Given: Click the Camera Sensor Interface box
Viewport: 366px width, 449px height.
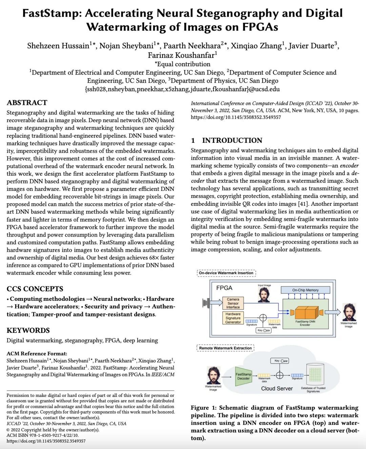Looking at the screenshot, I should pyautogui.click(x=233, y=303).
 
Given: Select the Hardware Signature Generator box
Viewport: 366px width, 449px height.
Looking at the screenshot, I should pyautogui.click(x=233, y=318).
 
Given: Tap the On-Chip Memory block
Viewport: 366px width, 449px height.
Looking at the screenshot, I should pyautogui.click(x=305, y=290).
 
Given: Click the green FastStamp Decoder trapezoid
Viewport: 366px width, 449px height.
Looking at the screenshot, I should pyautogui.click(x=243, y=376).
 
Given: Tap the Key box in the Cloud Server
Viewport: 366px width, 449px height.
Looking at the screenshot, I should pyautogui.click(x=280, y=361).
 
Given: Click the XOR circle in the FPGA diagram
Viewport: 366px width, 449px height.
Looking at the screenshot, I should pyautogui.click(x=263, y=318).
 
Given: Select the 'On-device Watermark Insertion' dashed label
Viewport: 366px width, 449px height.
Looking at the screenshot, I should pyautogui.click(x=226, y=273).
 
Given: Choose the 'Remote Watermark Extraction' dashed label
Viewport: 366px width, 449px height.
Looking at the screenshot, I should pyautogui.click(x=225, y=348).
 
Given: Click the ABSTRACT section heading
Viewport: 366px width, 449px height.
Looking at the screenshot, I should pyautogui.click(x=27, y=103).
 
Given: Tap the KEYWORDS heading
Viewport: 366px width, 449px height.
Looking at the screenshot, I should pyautogui.click(x=28, y=330).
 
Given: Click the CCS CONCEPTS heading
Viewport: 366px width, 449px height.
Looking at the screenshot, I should pyautogui.click(x=35, y=289).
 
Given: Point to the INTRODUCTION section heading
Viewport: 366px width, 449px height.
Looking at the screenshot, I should pyautogui.click(x=232, y=140).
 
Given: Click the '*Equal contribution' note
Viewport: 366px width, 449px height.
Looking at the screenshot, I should pyautogui.click(x=182, y=64).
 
